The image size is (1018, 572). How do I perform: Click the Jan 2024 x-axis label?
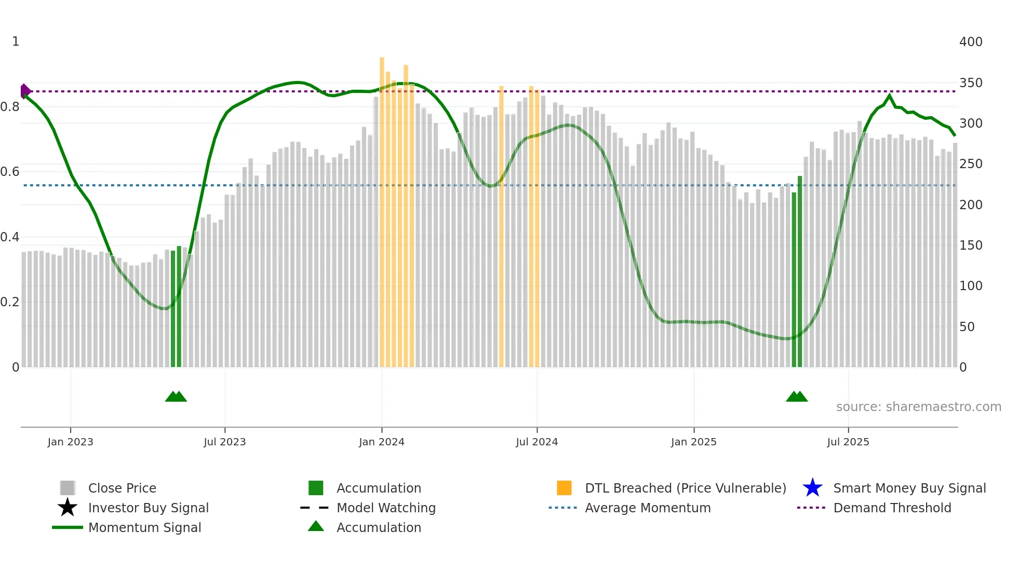(x=381, y=442)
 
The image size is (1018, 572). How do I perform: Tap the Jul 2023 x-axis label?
(x=224, y=442)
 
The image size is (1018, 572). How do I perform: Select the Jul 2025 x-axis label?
(x=848, y=442)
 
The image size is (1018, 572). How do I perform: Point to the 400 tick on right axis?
(x=970, y=42)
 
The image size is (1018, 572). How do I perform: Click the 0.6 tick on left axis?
(x=10, y=172)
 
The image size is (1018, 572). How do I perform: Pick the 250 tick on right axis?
(x=970, y=164)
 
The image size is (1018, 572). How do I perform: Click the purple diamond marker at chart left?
(x=24, y=91)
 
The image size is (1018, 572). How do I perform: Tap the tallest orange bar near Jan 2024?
(x=382, y=208)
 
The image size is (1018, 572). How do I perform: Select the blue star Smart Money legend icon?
(x=812, y=488)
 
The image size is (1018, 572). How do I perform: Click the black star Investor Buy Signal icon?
(x=68, y=508)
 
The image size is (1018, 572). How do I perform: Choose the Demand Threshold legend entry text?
(x=892, y=508)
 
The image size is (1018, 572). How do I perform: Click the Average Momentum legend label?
(x=647, y=508)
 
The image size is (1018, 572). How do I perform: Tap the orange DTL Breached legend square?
(x=564, y=488)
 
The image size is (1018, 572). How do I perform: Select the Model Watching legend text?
(x=386, y=508)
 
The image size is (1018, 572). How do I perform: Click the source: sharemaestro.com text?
(x=918, y=407)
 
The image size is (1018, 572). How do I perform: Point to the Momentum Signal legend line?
(x=68, y=527)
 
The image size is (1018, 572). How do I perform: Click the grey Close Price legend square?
(x=68, y=488)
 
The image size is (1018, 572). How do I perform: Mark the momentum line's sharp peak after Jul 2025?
(x=890, y=96)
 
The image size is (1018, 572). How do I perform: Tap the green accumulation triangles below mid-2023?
(x=176, y=397)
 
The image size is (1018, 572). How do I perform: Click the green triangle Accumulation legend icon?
(x=316, y=526)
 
